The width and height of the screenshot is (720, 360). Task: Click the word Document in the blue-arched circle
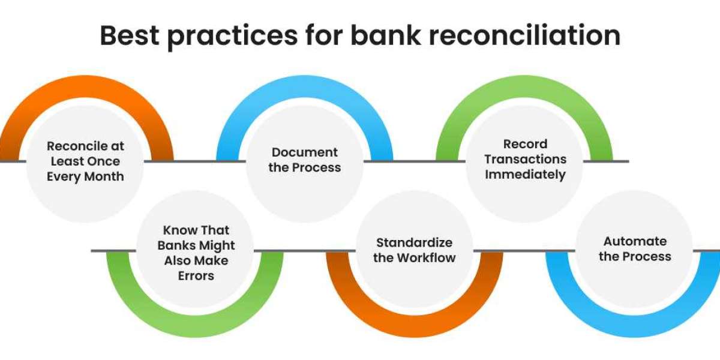[305, 152]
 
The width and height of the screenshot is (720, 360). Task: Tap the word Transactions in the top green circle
[526, 159]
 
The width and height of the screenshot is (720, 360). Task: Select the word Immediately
[526, 175]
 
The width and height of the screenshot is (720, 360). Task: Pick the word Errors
[196, 276]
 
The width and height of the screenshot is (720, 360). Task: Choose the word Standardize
[415, 242]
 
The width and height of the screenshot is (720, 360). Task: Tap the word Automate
[635, 241]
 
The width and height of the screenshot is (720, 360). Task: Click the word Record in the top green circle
[526, 144]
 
